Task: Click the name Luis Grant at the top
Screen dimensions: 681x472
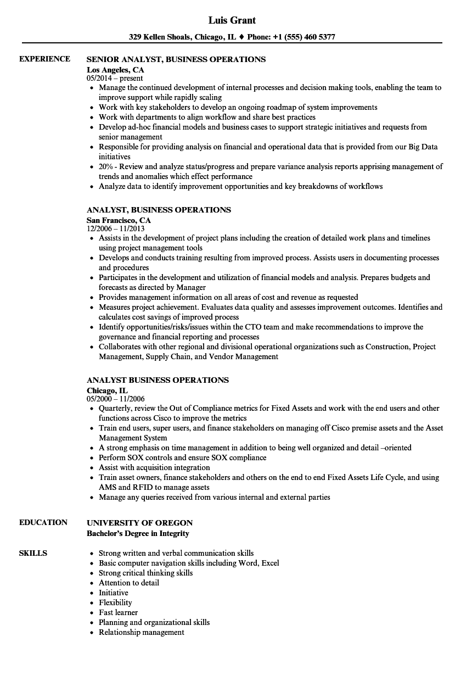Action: tap(232, 20)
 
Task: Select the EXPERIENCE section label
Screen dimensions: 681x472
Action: tap(44, 59)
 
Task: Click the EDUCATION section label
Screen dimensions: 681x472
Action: tap(43, 522)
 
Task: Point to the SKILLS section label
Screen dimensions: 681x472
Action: tap(33, 553)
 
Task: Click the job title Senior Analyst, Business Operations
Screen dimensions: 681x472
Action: tap(176, 59)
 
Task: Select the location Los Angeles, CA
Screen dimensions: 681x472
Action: tap(115, 70)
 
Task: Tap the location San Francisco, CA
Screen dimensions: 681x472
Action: tap(119, 220)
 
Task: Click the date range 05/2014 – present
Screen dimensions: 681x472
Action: tap(115, 79)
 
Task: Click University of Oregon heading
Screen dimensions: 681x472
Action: tap(139, 523)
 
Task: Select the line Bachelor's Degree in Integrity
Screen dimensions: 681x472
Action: tap(138, 533)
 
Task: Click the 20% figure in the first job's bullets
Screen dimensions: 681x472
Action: tap(106, 167)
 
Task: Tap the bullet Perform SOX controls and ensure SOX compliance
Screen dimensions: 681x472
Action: tap(182, 457)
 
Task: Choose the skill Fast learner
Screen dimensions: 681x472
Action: tap(118, 612)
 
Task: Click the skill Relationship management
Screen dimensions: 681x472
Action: tap(141, 632)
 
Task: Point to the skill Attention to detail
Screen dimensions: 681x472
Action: tap(128, 583)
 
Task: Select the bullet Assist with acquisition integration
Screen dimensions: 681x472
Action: tap(154, 467)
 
